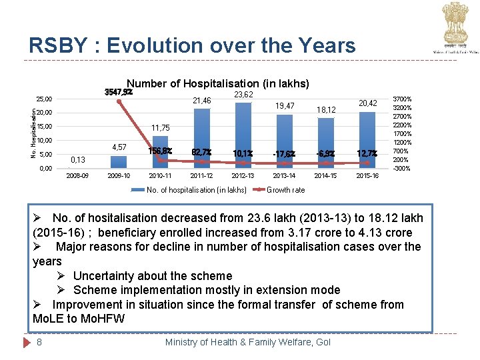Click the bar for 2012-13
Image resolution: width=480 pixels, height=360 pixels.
(243, 137)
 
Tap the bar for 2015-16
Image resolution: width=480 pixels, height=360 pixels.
(367, 140)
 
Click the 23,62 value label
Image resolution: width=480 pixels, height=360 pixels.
(243, 95)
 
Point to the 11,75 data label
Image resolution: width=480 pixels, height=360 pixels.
(161, 127)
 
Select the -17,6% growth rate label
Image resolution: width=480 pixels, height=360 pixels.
(285, 153)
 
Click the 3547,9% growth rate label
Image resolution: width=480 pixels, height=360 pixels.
(119, 92)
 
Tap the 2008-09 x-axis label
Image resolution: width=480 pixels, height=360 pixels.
(78, 176)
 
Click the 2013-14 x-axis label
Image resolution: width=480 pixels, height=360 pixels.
(285, 176)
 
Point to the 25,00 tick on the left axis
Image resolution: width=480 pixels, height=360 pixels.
(44, 99)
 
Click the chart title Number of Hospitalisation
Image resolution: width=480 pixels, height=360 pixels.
(217, 83)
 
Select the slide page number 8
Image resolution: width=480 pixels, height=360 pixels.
(41, 342)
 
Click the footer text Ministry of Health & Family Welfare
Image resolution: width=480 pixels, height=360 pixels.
(247, 342)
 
